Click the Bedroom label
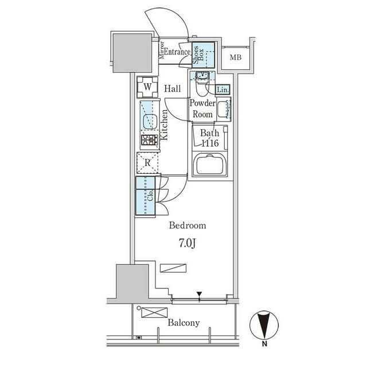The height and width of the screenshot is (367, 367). (x=188, y=225)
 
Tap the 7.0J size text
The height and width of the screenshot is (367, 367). (x=188, y=244)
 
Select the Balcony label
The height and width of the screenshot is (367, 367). (x=183, y=323)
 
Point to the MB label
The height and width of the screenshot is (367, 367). (x=236, y=57)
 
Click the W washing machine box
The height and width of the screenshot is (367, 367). (x=147, y=87)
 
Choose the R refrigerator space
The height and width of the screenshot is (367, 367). (x=147, y=163)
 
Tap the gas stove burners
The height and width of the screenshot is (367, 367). (x=150, y=140)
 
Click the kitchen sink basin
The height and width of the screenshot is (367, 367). (x=150, y=122)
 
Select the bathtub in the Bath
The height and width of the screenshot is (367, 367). (x=209, y=164)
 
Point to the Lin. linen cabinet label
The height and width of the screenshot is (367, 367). (x=222, y=89)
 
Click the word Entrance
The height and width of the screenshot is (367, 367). (x=177, y=52)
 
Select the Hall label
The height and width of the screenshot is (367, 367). (x=173, y=89)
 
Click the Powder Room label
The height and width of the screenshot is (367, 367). (x=202, y=108)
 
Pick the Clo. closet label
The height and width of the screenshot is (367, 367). (x=150, y=195)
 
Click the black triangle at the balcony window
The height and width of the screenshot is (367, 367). (x=199, y=294)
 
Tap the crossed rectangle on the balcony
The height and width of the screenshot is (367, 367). (x=154, y=313)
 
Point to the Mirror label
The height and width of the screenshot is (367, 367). (x=162, y=50)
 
